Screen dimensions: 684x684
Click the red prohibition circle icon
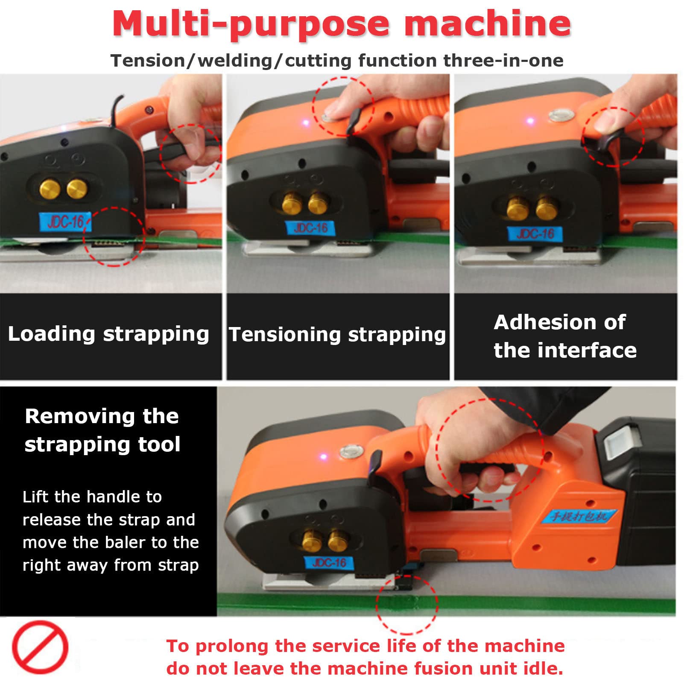pos(40,647)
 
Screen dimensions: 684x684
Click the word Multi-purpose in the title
pos(251,23)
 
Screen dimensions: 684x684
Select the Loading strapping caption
pos(108,334)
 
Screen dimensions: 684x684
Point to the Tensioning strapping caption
pos(337,335)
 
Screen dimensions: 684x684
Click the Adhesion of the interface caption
pos(565,336)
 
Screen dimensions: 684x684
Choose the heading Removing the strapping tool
pos(102,430)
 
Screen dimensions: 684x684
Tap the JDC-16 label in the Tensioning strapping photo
pos(310,228)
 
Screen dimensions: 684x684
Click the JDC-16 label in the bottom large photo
pos(329,563)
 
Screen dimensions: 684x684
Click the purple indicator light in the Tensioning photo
pos(306,123)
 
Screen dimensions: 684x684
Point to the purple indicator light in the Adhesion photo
pos(530,121)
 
